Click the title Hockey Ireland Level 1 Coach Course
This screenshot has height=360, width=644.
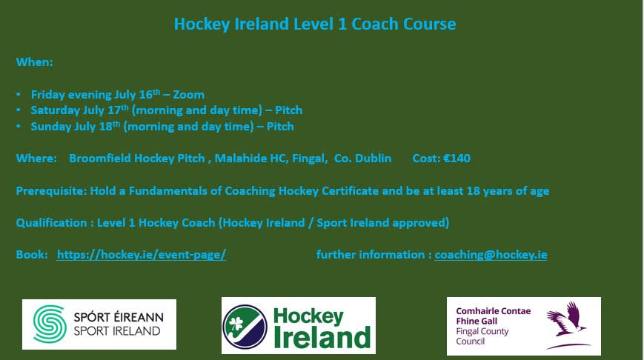click(x=314, y=24)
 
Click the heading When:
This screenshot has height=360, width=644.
click(x=34, y=62)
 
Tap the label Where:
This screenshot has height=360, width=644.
click(x=36, y=159)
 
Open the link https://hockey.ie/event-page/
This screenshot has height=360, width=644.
click(x=141, y=255)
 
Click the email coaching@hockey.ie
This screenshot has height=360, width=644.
click(x=491, y=255)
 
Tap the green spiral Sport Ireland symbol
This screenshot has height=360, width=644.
click(x=49, y=324)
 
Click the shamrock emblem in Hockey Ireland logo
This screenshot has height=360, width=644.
click(x=245, y=326)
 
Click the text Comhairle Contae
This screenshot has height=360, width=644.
click(x=493, y=311)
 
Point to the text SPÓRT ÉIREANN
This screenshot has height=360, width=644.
click(x=118, y=317)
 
